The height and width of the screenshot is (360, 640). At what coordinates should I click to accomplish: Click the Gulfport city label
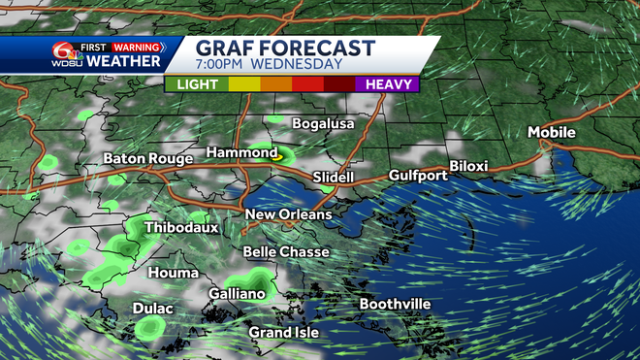click(x=418, y=176)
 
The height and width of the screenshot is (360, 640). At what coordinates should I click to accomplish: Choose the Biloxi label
click(x=467, y=166)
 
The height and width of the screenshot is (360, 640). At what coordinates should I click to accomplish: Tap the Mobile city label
click(x=551, y=132)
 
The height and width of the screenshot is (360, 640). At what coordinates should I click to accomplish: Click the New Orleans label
click(x=288, y=214)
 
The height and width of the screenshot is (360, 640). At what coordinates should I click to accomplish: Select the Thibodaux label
click(x=181, y=228)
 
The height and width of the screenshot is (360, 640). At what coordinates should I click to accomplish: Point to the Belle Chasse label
click(x=286, y=252)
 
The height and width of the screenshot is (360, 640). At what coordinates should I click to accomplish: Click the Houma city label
click(x=172, y=274)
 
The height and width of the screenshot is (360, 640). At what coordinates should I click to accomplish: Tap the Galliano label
click(x=237, y=293)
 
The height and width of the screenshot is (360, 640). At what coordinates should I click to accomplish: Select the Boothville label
click(x=395, y=305)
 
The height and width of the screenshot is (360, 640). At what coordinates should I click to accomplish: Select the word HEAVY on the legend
click(x=387, y=84)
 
